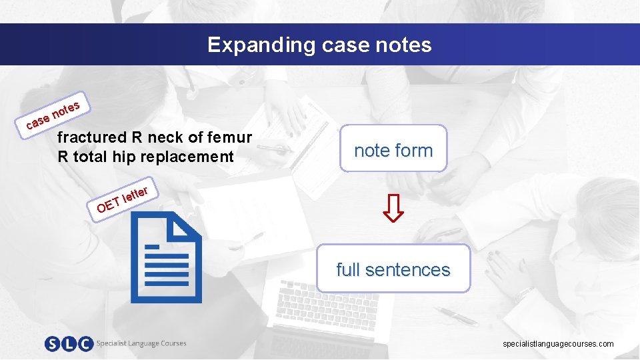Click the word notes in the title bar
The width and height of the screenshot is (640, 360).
403,45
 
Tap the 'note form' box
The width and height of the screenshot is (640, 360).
393,150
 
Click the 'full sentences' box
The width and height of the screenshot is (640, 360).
393,269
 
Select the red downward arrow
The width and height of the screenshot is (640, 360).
393,208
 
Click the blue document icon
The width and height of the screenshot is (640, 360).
165,257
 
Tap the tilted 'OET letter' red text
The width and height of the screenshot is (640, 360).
125,197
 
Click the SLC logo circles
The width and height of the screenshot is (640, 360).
68,344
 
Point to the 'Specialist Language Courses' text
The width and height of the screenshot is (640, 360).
141,343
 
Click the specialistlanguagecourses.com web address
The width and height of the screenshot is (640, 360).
558,344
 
